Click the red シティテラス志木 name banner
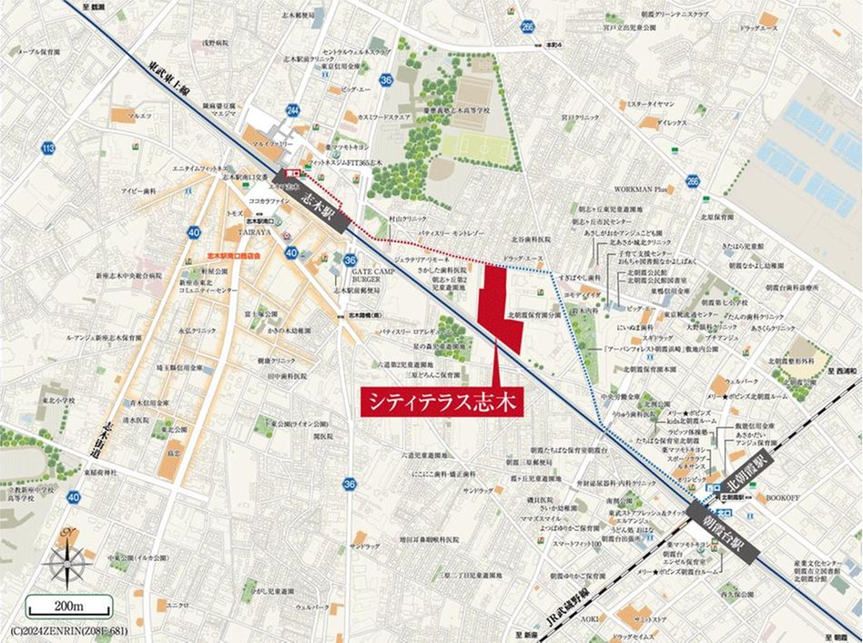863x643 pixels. tap(441, 401)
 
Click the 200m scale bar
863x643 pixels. tap(68, 606)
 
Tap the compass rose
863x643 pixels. tap(69, 556)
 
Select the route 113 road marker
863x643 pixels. tap(48, 149)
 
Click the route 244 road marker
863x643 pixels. tap(292, 110)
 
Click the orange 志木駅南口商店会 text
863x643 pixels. tap(234, 256)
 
